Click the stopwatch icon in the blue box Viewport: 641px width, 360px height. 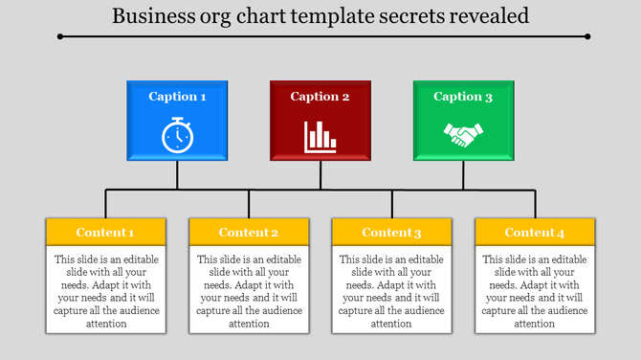click(177, 135)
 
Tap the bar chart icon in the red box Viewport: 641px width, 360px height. click(320, 136)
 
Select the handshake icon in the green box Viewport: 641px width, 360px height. click(464, 135)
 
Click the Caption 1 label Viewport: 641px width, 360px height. click(177, 97)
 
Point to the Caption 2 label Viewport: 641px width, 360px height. click(320, 97)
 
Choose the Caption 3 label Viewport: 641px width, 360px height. click(464, 97)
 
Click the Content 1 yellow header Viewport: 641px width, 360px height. click(105, 233)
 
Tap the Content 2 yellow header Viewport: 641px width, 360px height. click(249, 233)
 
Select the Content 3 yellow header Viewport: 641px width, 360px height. click(392, 233)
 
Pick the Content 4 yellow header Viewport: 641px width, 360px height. click(536, 233)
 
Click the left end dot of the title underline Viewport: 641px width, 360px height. click(60, 36)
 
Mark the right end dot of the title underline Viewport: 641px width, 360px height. click(587, 36)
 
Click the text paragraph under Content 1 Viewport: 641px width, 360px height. click(105, 291)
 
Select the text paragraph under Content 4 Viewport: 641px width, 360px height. click(536, 291)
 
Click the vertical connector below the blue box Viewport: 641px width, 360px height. click(177, 175)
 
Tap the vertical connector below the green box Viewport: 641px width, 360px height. click(464, 175)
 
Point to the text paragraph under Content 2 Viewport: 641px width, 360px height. click(249, 291)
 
